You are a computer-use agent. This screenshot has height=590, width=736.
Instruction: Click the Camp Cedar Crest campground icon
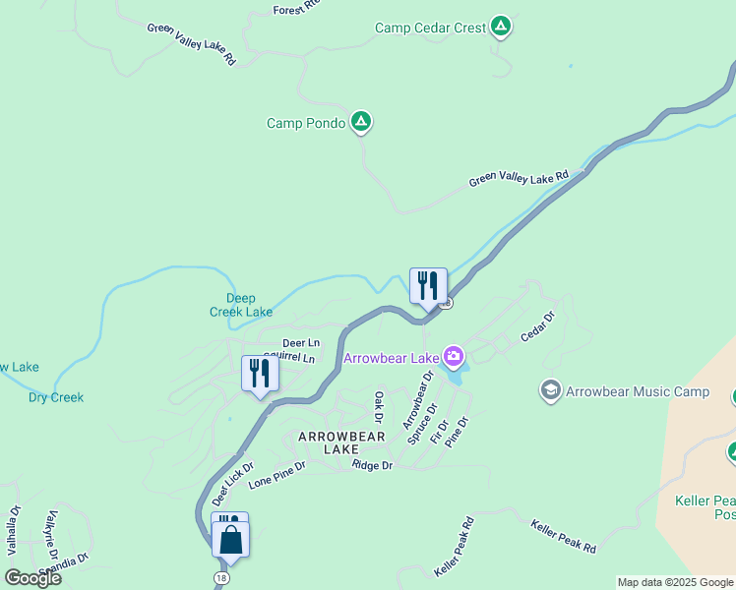501,27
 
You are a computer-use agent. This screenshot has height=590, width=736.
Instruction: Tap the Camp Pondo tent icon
361,122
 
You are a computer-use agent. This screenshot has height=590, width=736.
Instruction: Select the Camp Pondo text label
306,123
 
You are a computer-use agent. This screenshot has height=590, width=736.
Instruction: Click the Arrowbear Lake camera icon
453,356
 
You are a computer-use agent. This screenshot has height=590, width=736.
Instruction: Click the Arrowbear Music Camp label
637,392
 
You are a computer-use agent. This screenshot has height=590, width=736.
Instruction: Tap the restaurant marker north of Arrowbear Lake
428,286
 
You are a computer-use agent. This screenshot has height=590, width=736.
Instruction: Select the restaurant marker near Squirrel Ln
260,374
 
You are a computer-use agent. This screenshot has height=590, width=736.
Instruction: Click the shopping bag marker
230,540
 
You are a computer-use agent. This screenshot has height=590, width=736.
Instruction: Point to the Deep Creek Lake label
241,305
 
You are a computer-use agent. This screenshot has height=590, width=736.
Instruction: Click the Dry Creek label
56,398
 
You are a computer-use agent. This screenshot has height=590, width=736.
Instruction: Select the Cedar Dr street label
538,327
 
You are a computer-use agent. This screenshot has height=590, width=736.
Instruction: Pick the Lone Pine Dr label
278,475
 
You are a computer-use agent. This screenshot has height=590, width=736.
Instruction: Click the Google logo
32,577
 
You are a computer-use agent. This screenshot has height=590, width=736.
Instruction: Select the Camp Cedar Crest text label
430,29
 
